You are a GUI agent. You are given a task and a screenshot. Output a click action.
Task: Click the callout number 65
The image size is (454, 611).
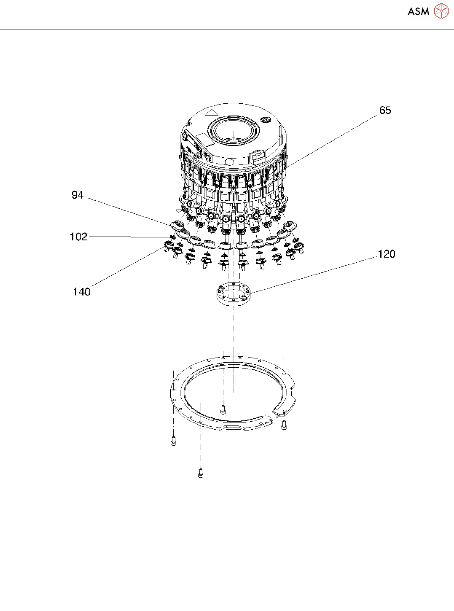point(385,110)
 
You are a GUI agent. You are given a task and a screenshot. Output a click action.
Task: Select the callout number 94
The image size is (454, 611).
point(78,195)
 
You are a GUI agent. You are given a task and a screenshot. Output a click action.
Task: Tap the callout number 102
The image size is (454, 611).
point(78,237)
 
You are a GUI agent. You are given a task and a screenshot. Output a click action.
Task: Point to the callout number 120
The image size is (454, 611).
point(386,254)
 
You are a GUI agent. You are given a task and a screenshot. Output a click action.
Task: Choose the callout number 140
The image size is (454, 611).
point(82,292)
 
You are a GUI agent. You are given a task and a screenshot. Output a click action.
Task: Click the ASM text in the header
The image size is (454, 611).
point(418,12)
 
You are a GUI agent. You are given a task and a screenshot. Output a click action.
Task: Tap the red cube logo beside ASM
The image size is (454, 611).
point(441,11)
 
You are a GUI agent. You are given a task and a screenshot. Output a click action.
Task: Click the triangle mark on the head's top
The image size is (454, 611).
point(211,113)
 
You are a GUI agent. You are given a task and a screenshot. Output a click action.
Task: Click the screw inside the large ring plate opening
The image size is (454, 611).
point(223,409)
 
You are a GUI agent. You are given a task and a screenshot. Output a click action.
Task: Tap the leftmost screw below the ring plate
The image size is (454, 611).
point(173,441)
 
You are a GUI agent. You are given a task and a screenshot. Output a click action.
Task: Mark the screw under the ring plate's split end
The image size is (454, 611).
point(284,425)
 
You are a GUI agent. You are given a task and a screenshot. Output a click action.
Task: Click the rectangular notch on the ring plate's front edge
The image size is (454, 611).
point(234,428)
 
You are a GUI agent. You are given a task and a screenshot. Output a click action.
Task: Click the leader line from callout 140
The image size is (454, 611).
point(126,268)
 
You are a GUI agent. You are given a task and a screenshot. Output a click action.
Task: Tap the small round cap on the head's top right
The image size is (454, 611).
point(265,120)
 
